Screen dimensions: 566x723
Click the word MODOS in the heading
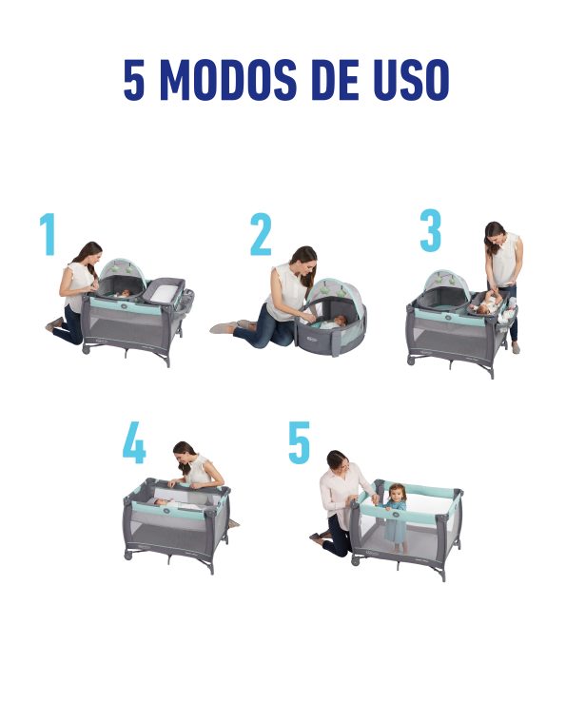click(228, 80)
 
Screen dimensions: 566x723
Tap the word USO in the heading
click(411, 80)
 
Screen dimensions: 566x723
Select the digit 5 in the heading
click(134, 80)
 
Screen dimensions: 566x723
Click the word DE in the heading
click(335, 80)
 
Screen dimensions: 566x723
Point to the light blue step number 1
click(48, 234)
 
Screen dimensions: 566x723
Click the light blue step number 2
click(261, 234)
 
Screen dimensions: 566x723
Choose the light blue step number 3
click(431, 230)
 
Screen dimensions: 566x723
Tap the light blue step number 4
click(134, 443)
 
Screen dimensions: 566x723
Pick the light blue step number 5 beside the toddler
click(299, 442)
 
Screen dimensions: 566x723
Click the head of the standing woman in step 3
click(496, 234)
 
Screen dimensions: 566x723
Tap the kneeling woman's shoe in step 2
click(223, 328)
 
